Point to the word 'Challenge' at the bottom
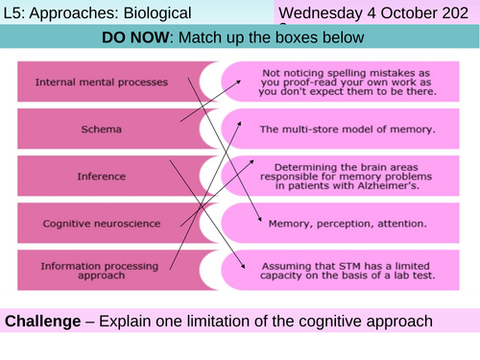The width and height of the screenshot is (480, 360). [44, 320]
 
